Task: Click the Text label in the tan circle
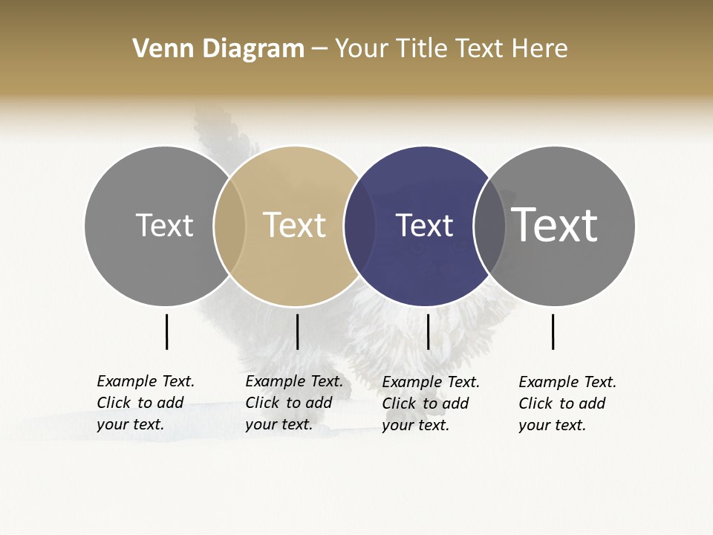[294, 225]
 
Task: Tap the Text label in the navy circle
[424, 225]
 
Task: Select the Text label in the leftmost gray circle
[164, 225]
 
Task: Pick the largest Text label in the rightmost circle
[554, 224]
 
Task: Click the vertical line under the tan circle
[297, 331]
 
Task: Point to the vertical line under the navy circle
[428, 331]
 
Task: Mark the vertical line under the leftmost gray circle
[166, 331]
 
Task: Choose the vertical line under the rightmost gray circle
[553, 331]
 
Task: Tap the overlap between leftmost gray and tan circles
[229, 225]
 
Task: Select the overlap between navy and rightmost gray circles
[489, 225]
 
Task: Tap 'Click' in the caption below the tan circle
[262, 403]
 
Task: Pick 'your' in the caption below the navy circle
[398, 425]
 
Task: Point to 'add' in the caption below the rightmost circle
[592, 403]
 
